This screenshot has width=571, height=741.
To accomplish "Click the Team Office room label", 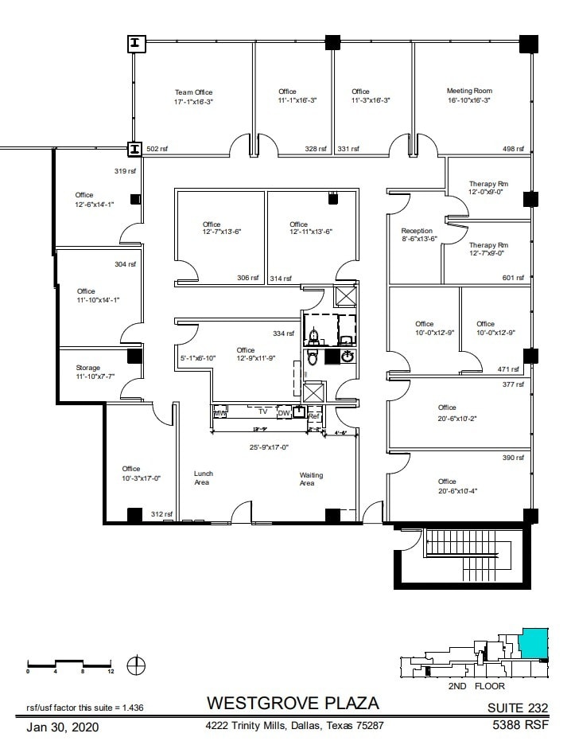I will click(x=193, y=92).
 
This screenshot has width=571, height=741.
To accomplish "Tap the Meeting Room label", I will click(x=469, y=91).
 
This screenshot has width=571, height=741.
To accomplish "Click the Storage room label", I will click(x=87, y=368).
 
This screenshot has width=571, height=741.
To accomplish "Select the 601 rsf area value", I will click(x=514, y=278).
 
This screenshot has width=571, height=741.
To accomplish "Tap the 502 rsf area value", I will click(x=157, y=149).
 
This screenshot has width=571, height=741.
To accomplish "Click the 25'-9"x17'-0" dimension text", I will click(x=270, y=447).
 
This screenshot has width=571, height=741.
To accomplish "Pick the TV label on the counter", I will click(x=262, y=412).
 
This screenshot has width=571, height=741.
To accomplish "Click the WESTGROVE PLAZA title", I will click(x=293, y=704).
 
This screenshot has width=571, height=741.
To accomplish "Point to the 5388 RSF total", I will click(x=517, y=725).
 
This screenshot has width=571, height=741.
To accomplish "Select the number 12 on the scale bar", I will click(x=111, y=672).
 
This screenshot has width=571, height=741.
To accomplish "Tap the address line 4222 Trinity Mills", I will click(x=295, y=726).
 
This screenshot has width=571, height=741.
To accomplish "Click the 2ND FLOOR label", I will click(x=476, y=685).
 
